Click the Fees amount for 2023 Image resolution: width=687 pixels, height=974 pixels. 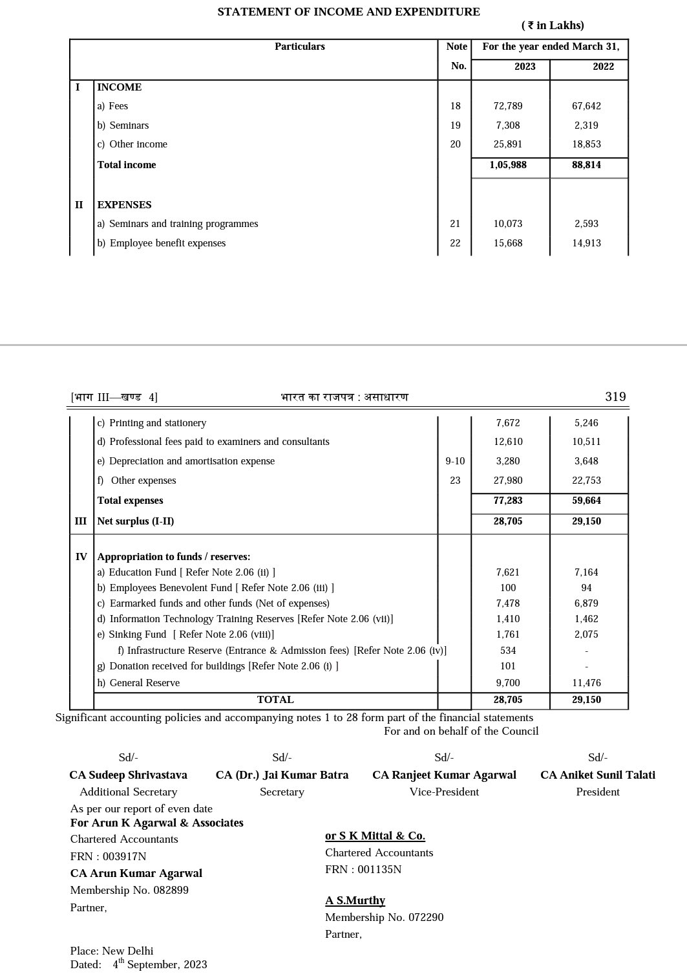[x=508, y=106]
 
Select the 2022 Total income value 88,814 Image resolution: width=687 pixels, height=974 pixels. [x=586, y=165]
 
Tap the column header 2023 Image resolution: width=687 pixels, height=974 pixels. [x=525, y=67]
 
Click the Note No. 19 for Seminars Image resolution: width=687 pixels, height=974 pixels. [x=456, y=125]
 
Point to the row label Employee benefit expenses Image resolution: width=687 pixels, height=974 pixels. [x=167, y=243]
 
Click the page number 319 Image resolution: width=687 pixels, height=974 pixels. [x=615, y=397]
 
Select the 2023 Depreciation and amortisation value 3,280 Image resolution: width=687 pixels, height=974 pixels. [x=508, y=461]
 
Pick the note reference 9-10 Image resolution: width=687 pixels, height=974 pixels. [x=455, y=461]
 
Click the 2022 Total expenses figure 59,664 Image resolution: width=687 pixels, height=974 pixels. [x=586, y=501]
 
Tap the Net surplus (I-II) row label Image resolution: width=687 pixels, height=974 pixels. [x=136, y=521]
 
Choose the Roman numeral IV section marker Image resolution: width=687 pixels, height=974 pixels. [x=81, y=557]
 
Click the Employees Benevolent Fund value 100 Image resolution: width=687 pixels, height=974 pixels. [x=508, y=588]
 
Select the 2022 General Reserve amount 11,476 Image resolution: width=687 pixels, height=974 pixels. [x=586, y=683]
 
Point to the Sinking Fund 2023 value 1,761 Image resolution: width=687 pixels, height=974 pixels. [x=508, y=634]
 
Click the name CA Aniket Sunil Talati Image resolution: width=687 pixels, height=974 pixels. [x=597, y=775]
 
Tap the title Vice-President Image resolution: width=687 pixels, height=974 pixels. [x=444, y=792]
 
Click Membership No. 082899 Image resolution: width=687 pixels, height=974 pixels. [x=129, y=890]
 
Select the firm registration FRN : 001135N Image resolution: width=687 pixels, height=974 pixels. [x=363, y=869]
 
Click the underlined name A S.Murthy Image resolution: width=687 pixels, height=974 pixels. [x=355, y=900]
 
